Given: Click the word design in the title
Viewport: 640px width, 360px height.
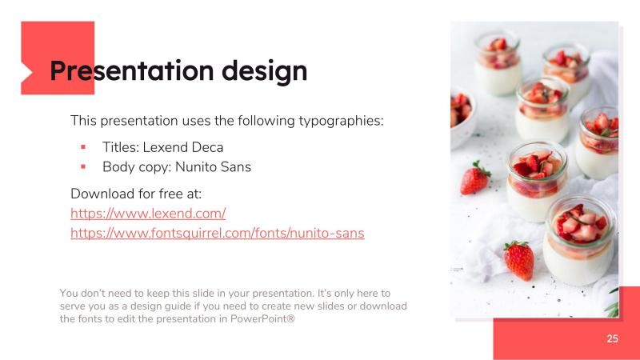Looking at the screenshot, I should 265,70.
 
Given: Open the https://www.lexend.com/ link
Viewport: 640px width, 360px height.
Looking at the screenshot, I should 148,214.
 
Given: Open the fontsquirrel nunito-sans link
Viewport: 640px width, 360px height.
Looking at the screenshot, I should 217,234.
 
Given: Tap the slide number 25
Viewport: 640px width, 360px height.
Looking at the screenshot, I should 612,338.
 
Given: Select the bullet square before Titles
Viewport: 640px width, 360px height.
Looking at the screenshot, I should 82,147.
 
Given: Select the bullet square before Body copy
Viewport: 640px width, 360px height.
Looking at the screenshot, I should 82,167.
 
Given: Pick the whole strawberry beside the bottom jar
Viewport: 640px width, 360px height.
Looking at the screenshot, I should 519,260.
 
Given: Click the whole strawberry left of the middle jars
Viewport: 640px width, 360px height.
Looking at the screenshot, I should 475,178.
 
